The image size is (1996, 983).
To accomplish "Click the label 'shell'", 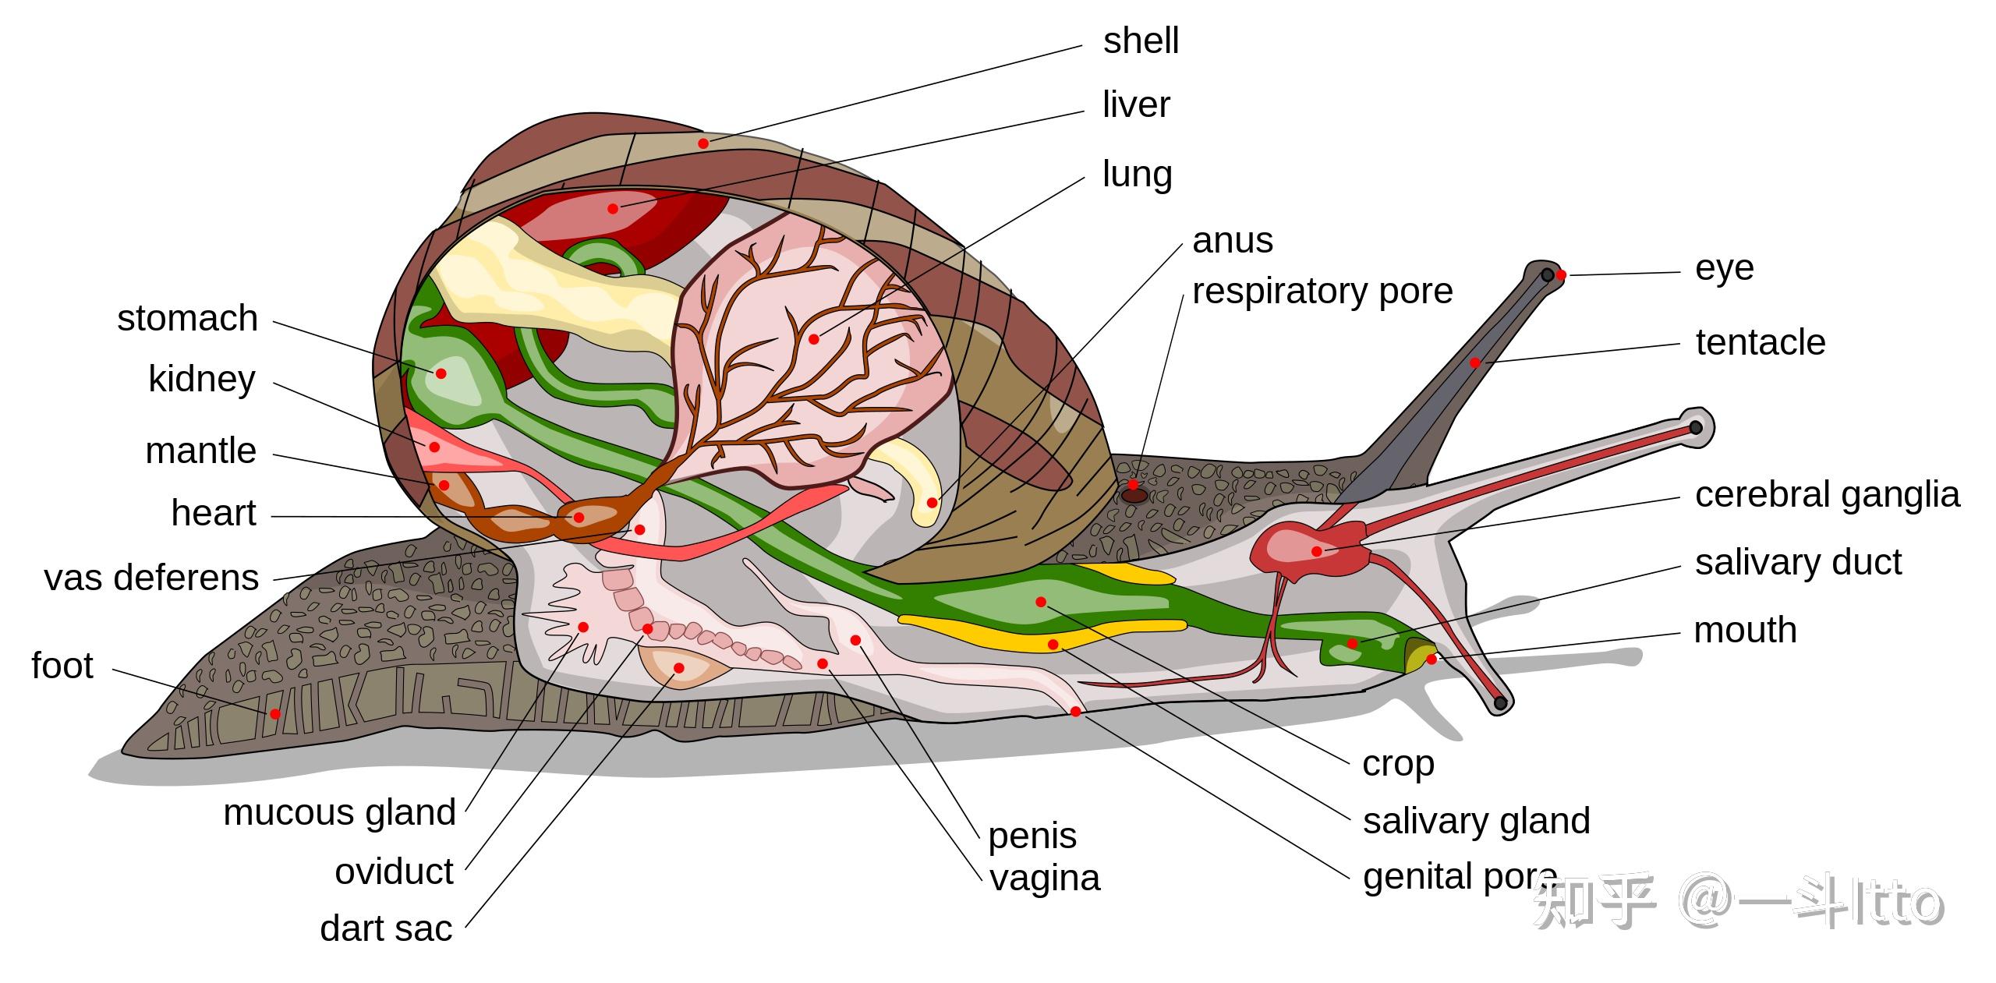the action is (1141, 41).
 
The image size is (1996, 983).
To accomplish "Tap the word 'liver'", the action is (1136, 104).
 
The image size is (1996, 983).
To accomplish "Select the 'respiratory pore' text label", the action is (1322, 292).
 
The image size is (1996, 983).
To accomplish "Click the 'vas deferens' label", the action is (151, 578).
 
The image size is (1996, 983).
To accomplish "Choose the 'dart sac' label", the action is (386, 928).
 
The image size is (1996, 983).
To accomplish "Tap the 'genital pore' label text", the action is (1460, 878).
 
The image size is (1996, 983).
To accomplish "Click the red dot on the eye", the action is (1561, 275).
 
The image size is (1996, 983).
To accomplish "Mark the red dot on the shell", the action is (703, 143).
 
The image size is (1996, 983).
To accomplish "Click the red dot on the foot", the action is (275, 714).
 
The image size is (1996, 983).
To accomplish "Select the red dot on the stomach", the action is (441, 373).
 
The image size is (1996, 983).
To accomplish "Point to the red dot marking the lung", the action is (814, 339).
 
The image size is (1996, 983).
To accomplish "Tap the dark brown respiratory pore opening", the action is (1134, 495).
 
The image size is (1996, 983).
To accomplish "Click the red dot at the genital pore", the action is (1076, 712).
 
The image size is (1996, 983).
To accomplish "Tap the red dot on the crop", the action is (1041, 602).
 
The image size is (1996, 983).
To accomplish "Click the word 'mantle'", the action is (201, 451).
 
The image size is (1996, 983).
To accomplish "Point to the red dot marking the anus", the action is (932, 503).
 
